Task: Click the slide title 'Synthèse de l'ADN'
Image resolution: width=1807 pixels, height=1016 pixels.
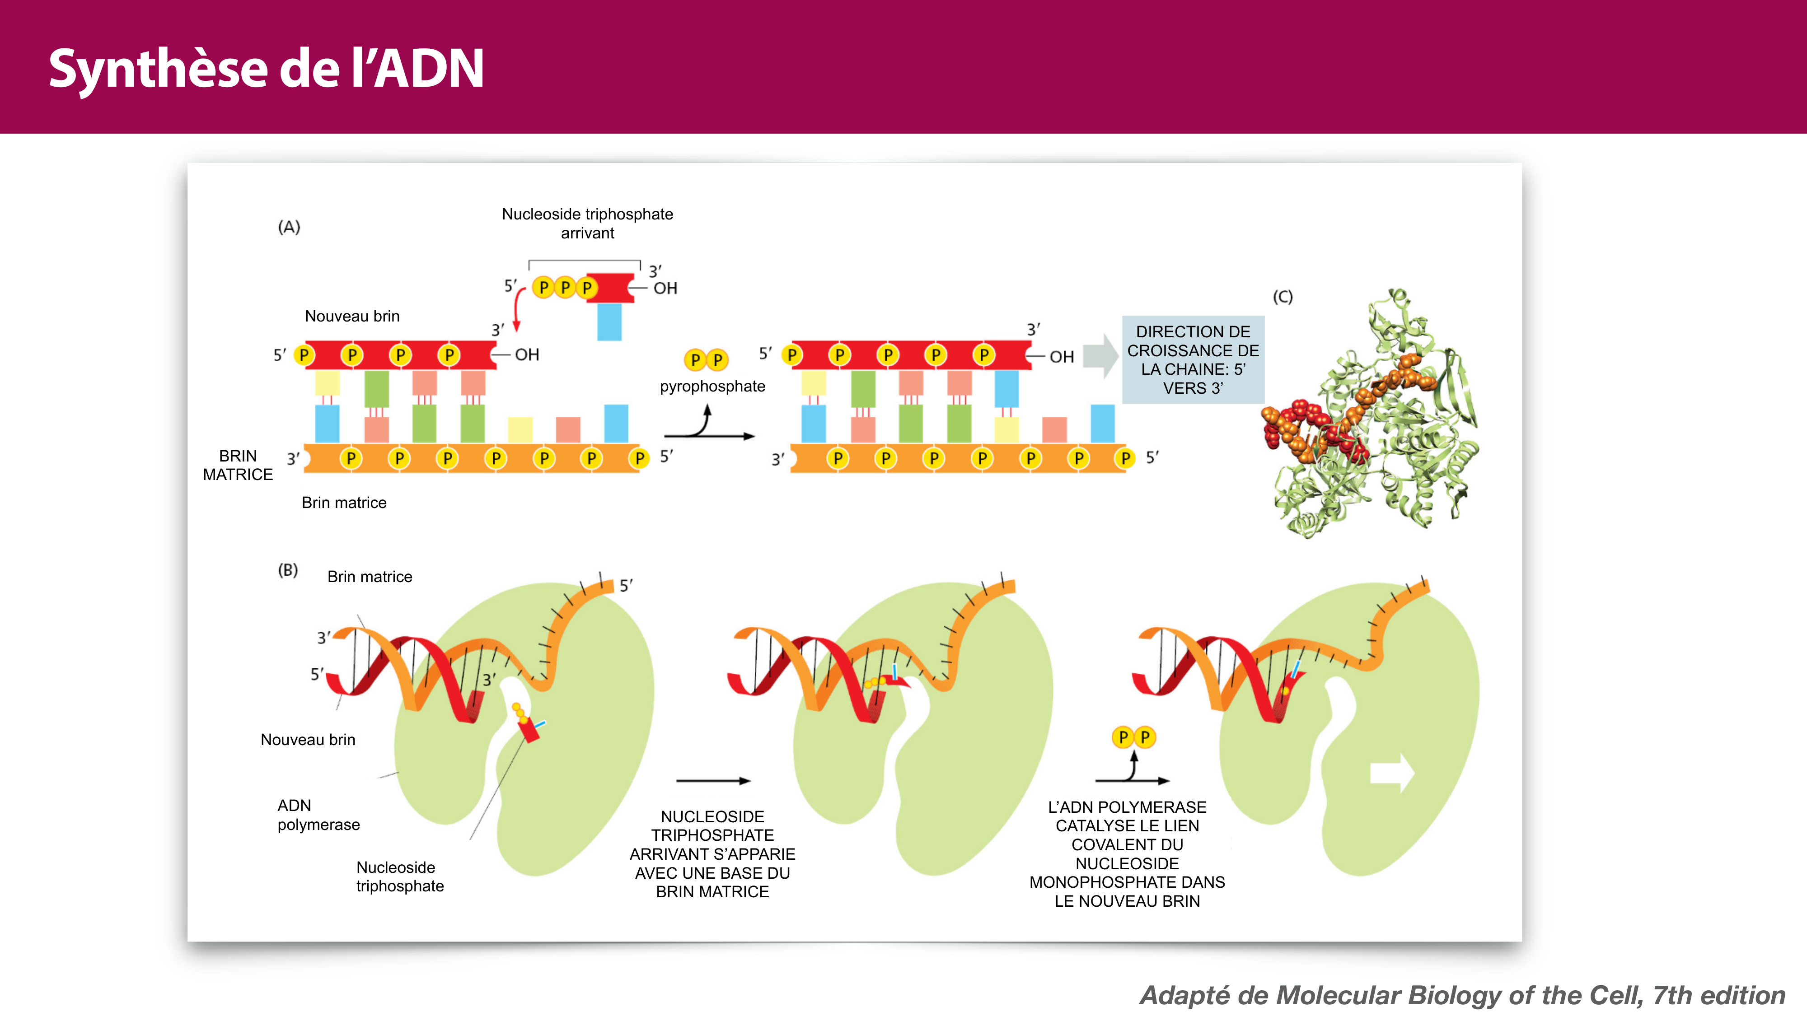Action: point(267,69)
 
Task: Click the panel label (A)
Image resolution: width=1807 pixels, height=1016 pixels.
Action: point(289,227)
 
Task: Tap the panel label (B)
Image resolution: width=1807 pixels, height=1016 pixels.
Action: point(288,570)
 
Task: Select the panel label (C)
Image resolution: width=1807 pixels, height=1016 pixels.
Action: point(1283,297)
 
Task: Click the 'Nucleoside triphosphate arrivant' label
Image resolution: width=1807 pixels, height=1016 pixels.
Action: point(587,223)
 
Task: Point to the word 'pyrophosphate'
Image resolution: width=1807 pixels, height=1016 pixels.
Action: point(712,387)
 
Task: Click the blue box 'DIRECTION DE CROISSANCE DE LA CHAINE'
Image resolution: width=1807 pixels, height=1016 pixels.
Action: point(1193,360)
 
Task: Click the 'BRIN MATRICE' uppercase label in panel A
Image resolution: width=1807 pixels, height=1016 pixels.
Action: point(238,465)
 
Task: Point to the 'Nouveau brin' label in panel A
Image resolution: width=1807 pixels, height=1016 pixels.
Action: point(352,316)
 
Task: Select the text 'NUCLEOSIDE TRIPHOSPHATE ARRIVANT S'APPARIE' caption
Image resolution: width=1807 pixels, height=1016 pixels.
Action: point(712,854)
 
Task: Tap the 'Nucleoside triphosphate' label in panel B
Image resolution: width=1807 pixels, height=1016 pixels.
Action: point(400,876)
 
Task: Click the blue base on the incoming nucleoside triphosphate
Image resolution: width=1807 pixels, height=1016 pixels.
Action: point(609,322)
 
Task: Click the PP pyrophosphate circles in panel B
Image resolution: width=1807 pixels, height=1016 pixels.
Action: point(1133,737)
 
